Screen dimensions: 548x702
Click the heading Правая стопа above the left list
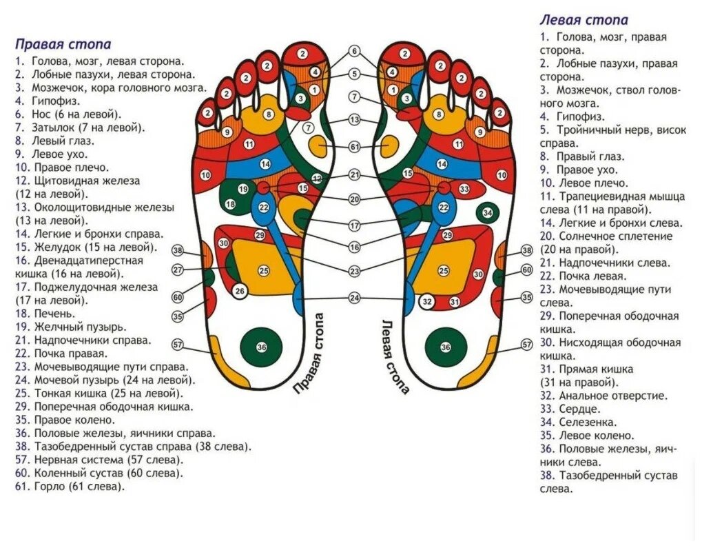click(x=63, y=45)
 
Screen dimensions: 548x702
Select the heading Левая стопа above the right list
click(x=584, y=20)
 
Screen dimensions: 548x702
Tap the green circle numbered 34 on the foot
click(x=488, y=213)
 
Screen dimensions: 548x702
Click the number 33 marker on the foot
click(x=464, y=189)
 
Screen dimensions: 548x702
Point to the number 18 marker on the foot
click(x=230, y=204)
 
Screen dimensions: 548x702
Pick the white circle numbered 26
click(x=239, y=291)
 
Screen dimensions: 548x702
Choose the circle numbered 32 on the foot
click(x=427, y=301)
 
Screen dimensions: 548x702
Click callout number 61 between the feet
click(x=354, y=147)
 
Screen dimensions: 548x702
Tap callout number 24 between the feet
click(x=354, y=298)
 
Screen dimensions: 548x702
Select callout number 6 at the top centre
click(x=354, y=51)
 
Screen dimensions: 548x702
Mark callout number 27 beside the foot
click(x=178, y=270)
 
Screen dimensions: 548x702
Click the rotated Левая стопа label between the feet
click(x=395, y=356)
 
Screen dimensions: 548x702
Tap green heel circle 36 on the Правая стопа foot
click(x=262, y=347)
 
